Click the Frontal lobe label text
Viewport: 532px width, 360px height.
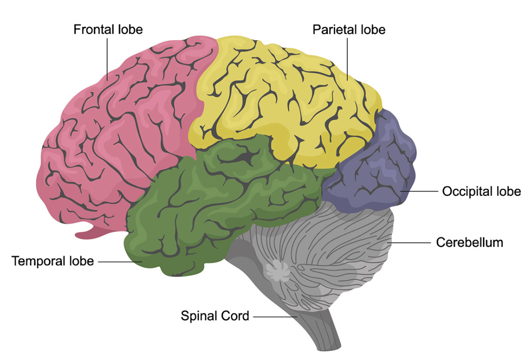tap(108, 30)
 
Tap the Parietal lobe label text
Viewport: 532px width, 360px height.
tap(349, 30)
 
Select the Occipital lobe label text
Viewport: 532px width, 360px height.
tap(481, 191)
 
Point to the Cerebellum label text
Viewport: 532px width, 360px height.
tap(469, 242)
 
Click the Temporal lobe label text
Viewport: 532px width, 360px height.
tap(53, 261)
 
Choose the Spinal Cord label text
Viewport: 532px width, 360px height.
tap(215, 315)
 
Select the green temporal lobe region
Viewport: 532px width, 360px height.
tap(205, 205)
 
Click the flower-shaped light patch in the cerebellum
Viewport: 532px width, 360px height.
tap(277, 271)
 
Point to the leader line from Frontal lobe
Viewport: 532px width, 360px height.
tap(107, 59)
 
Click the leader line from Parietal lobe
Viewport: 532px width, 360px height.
tap(348, 59)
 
